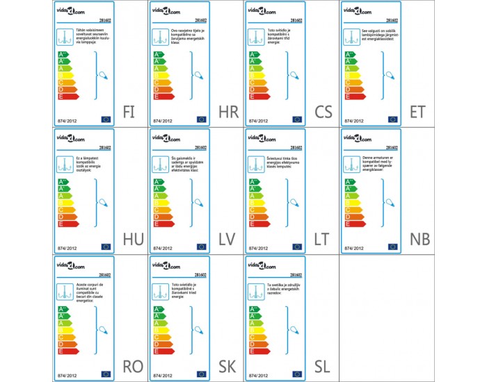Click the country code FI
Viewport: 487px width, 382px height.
(x=130, y=112)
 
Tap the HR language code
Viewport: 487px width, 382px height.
(x=228, y=112)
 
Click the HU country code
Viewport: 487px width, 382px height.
(x=132, y=240)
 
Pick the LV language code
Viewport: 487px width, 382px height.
(x=227, y=240)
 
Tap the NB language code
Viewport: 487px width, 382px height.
(x=420, y=240)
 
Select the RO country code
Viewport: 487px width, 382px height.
(x=133, y=367)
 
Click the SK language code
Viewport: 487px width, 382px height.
(x=227, y=367)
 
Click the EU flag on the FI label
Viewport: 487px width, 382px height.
(x=106, y=119)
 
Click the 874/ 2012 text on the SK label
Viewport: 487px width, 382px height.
(x=163, y=374)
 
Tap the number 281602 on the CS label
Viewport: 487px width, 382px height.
(x=295, y=20)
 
